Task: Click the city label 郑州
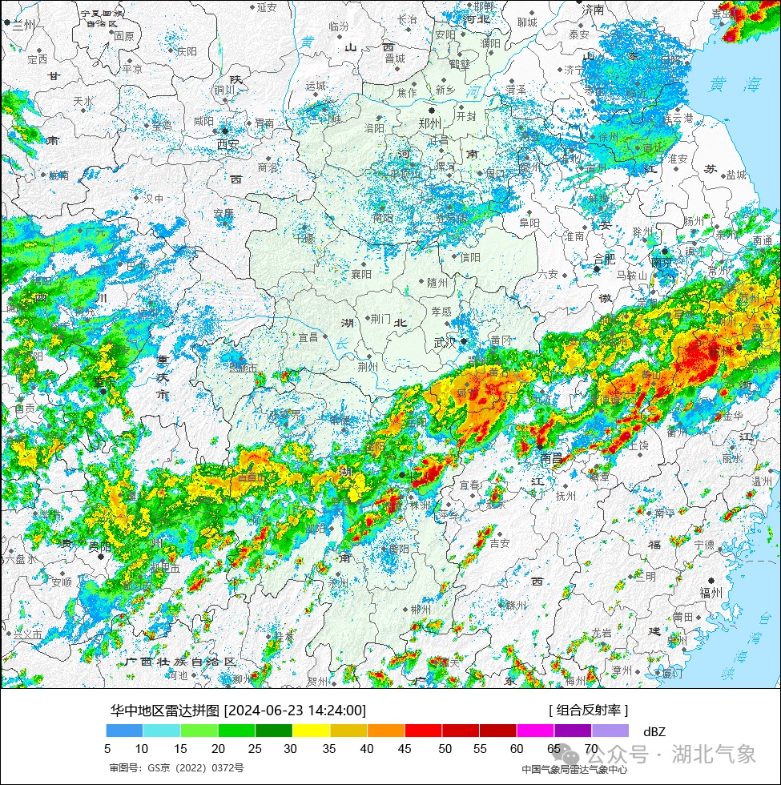pyautogui.click(x=429, y=123)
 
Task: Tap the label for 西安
pyautogui.click(x=227, y=144)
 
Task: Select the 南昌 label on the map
pyautogui.click(x=552, y=458)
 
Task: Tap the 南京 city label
pyautogui.click(x=662, y=262)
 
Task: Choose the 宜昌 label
pyautogui.click(x=308, y=338)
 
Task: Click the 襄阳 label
pyautogui.click(x=362, y=274)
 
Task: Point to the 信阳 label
pyautogui.click(x=470, y=257)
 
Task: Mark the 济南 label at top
pyautogui.click(x=594, y=10)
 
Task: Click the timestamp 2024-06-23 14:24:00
pyautogui.click(x=295, y=710)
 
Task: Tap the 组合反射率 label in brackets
pyautogui.click(x=588, y=710)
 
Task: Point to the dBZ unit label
pyautogui.click(x=654, y=731)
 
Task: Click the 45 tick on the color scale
pyautogui.click(x=405, y=749)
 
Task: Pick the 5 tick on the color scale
pyautogui.click(x=107, y=749)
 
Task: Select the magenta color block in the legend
pyautogui.click(x=535, y=731)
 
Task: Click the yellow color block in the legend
pyautogui.click(x=312, y=731)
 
